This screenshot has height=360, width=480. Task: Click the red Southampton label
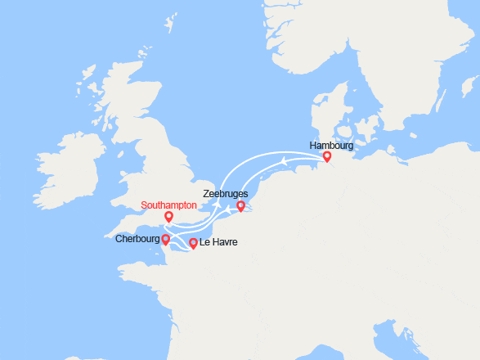(168, 205)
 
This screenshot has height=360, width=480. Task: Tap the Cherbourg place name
(137, 239)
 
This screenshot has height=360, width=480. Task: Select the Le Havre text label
(218, 243)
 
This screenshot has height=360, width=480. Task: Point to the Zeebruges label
(226, 194)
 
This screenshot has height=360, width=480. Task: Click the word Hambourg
(331, 145)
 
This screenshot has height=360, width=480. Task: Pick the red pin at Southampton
(168, 217)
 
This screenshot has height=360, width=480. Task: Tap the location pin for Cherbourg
(165, 240)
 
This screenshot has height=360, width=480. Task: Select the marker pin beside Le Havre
(193, 243)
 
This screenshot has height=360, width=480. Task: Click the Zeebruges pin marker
(240, 206)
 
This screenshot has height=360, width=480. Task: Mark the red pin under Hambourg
(326, 156)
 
